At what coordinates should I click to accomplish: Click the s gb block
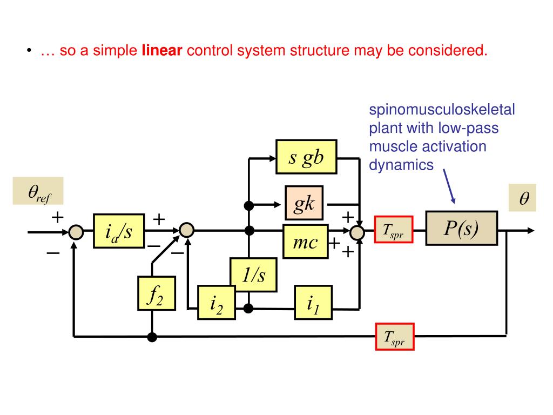point(306,157)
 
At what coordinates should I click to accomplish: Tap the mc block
point(305,243)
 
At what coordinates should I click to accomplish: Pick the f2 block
point(156,293)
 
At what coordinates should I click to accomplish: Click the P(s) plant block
point(461,229)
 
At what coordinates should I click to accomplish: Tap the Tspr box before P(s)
point(394,230)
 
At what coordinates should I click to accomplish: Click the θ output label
point(524,199)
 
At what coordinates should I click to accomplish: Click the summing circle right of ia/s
point(186,231)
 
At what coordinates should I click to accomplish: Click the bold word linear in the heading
point(162,51)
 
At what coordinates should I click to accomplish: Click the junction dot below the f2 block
point(152,337)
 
